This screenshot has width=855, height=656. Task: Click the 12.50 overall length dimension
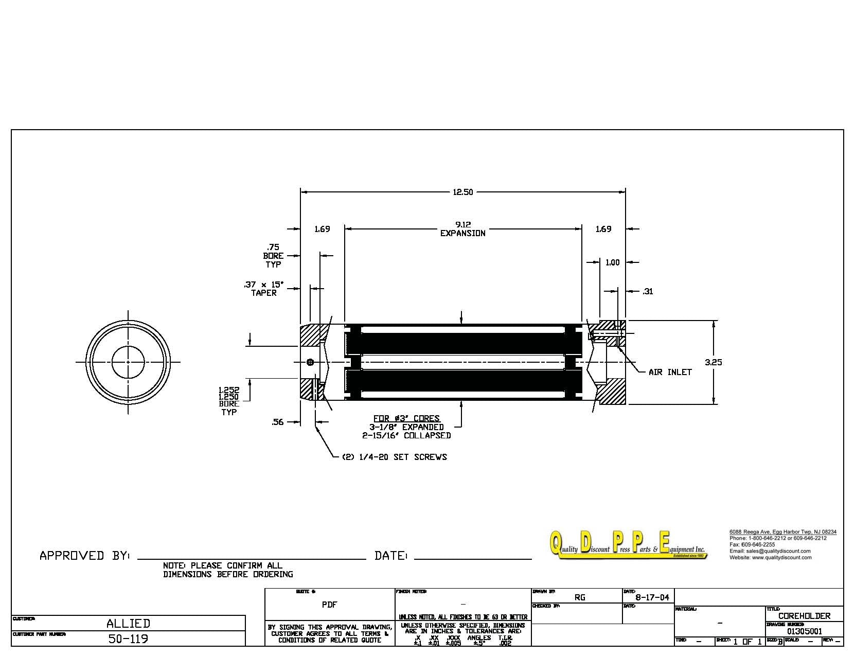[462, 192]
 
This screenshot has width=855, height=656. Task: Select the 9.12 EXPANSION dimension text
[462, 229]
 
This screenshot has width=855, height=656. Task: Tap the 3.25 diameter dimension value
[713, 362]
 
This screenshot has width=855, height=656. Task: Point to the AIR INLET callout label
[670, 372]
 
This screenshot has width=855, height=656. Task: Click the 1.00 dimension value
[612, 262]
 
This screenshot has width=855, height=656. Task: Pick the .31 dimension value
[648, 291]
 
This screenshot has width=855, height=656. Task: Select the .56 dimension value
[277, 422]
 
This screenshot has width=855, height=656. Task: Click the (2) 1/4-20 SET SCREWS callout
[394, 457]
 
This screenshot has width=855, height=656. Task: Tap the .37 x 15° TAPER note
[263, 289]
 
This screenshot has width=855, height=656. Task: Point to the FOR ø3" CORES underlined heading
[406, 418]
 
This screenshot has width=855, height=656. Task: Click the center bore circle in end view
[128, 362]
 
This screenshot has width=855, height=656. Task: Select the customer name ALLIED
[128, 624]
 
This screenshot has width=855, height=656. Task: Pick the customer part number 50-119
[128, 639]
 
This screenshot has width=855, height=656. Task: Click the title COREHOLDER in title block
[804, 616]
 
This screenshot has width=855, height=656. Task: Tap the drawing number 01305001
[805, 631]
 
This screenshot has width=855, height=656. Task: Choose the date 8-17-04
[652, 597]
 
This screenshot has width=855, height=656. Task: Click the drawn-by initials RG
[580, 597]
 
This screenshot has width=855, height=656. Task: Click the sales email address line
[770, 551]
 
